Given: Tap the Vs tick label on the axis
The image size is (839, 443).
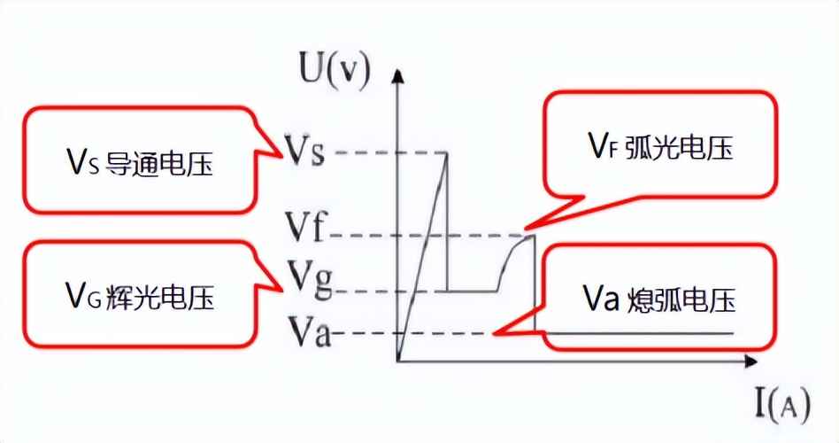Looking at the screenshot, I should [306, 152].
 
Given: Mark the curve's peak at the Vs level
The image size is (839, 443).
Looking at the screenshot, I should [446, 153].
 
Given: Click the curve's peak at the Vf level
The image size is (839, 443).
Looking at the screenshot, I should [533, 235].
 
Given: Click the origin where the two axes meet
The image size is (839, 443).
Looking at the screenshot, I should [400, 361].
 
